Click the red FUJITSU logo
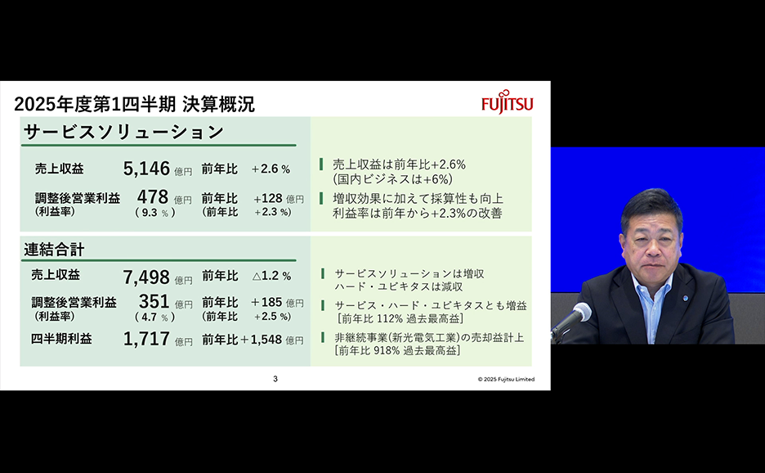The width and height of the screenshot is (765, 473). (507, 101)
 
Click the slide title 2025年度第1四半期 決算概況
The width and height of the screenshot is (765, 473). (135, 104)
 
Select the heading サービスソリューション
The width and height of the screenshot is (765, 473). (124, 132)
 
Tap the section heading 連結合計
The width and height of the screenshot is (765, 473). (54, 250)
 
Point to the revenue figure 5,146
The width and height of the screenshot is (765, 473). (146, 169)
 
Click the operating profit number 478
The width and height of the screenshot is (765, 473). (153, 197)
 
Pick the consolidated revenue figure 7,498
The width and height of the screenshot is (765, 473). (146, 277)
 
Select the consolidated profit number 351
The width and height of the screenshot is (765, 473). (154, 301)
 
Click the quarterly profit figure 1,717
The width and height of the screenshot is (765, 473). (146, 339)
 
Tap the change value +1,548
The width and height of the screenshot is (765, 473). (261, 340)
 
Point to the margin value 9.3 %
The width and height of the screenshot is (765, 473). (155, 213)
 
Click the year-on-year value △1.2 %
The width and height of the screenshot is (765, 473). (271, 276)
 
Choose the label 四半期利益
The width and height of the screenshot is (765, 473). (61, 339)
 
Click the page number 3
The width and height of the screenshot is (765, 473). (275, 379)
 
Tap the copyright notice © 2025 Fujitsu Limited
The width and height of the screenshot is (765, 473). (506, 379)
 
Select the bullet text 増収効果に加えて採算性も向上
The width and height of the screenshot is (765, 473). (418, 198)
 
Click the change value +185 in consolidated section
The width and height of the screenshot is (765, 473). (267, 302)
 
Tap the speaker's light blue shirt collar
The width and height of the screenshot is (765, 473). (652, 285)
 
